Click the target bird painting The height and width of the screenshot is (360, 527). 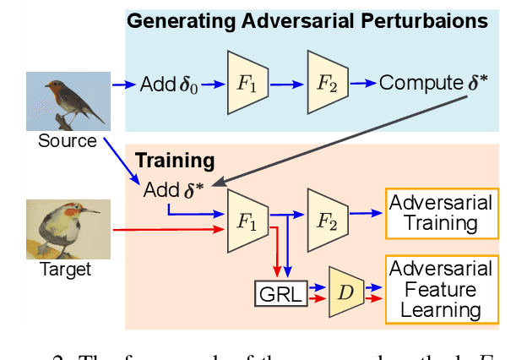point(68,228)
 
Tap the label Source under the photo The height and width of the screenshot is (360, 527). point(68,141)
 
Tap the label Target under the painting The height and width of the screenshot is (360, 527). point(65,270)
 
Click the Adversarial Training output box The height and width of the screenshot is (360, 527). point(440,213)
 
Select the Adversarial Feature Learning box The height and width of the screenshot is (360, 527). point(440,290)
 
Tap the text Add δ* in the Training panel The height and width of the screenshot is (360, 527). point(173,189)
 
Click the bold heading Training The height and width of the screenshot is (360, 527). point(175,161)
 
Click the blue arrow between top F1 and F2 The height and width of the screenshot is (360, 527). point(288,83)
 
